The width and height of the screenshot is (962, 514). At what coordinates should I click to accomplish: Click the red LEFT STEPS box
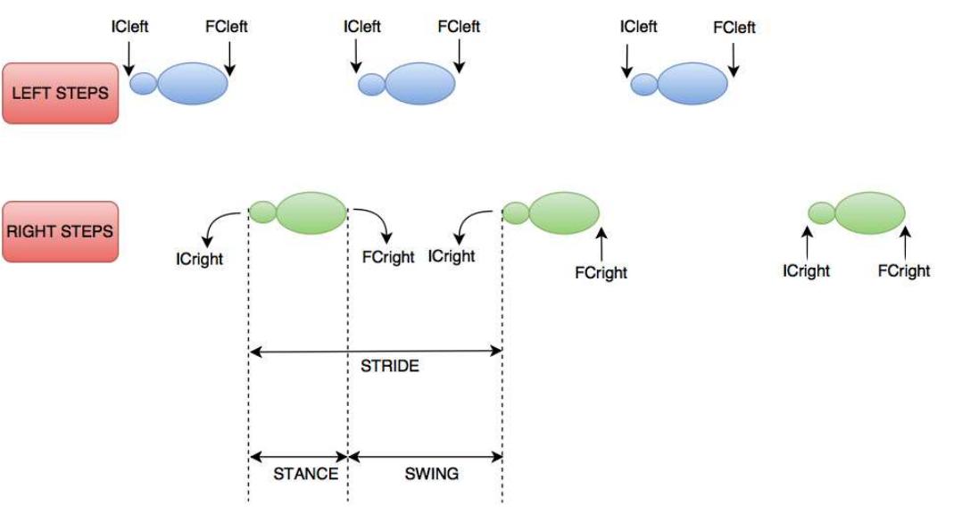60,94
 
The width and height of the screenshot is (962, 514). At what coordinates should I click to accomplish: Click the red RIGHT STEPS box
60,231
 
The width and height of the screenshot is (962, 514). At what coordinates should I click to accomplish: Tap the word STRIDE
389,367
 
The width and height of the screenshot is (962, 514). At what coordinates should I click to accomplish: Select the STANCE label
305,474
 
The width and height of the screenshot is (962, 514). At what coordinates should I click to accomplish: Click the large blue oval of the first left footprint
192,84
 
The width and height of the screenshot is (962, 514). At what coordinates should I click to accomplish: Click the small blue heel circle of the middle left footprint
371,86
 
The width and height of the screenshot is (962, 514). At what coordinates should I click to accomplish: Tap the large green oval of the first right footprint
311,212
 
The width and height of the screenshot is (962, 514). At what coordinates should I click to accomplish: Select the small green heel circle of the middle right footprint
515,212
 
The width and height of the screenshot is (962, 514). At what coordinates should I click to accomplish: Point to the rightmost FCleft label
734,28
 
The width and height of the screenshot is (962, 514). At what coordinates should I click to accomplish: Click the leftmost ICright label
200,259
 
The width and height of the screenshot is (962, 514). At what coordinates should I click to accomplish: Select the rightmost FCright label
903,271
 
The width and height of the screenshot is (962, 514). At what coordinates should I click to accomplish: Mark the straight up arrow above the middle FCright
602,243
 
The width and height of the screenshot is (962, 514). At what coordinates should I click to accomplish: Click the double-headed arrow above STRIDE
376,352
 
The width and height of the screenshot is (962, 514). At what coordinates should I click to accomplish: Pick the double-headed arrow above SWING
425,457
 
